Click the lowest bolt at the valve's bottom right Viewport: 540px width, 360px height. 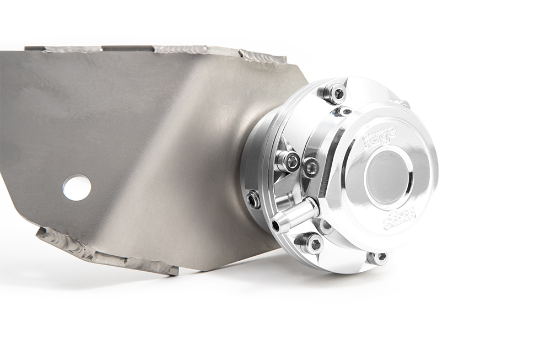click(377, 257)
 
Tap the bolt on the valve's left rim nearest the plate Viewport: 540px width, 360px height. click(253, 199)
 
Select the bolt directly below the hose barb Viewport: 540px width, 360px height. click(311, 242)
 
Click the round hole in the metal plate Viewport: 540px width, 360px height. click(77, 187)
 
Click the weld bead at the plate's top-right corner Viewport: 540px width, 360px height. click(264, 56)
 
